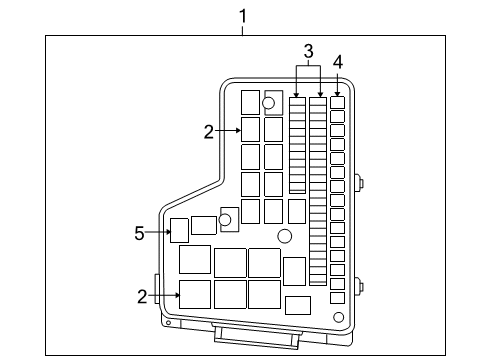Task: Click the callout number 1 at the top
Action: (242, 14)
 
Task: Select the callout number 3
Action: (309, 51)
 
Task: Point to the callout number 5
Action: (140, 233)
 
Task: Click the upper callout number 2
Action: (208, 130)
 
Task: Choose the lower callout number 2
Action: (142, 295)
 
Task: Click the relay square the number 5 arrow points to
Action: (180, 231)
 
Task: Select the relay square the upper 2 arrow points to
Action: (251, 130)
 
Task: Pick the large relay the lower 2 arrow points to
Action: (194, 294)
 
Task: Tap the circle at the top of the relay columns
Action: (269, 103)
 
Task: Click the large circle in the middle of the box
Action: (285, 237)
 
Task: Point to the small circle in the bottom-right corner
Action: (338, 317)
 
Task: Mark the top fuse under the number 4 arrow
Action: (337, 102)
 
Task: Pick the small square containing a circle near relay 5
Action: (229, 217)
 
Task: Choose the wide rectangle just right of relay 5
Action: (204, 225)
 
